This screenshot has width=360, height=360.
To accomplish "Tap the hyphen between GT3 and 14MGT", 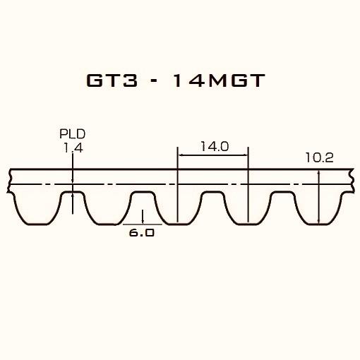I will click(x=150, y=81).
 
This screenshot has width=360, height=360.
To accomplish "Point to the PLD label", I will click(x=73, y=133).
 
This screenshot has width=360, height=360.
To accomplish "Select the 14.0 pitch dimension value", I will click(x=214, y=146).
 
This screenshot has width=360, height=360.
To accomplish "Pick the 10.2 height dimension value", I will click(x=319, y=158).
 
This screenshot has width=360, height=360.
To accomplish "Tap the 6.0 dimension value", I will click(x=142, y=232).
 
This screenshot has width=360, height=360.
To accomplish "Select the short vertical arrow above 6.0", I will click(x=143, y=215).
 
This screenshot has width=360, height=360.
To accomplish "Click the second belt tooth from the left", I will click(x=107, y=208).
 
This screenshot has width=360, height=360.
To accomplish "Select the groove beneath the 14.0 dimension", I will click(x=212, y=198).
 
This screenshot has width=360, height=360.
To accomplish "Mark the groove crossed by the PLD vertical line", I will click(x=73, y=198).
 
